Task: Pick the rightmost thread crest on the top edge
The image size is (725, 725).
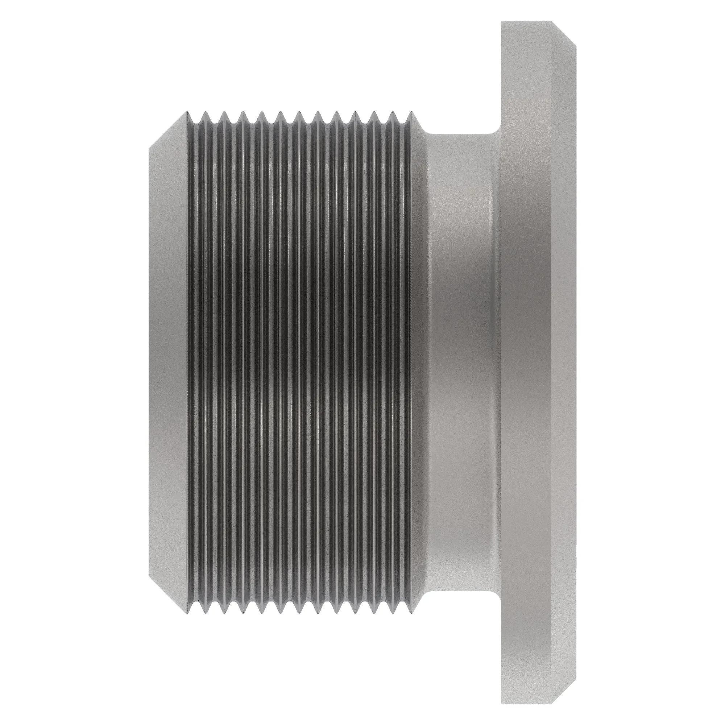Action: [411, 112]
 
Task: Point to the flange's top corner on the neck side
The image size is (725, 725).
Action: [502, 22]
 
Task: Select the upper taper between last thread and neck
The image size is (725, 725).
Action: [419, 124]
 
